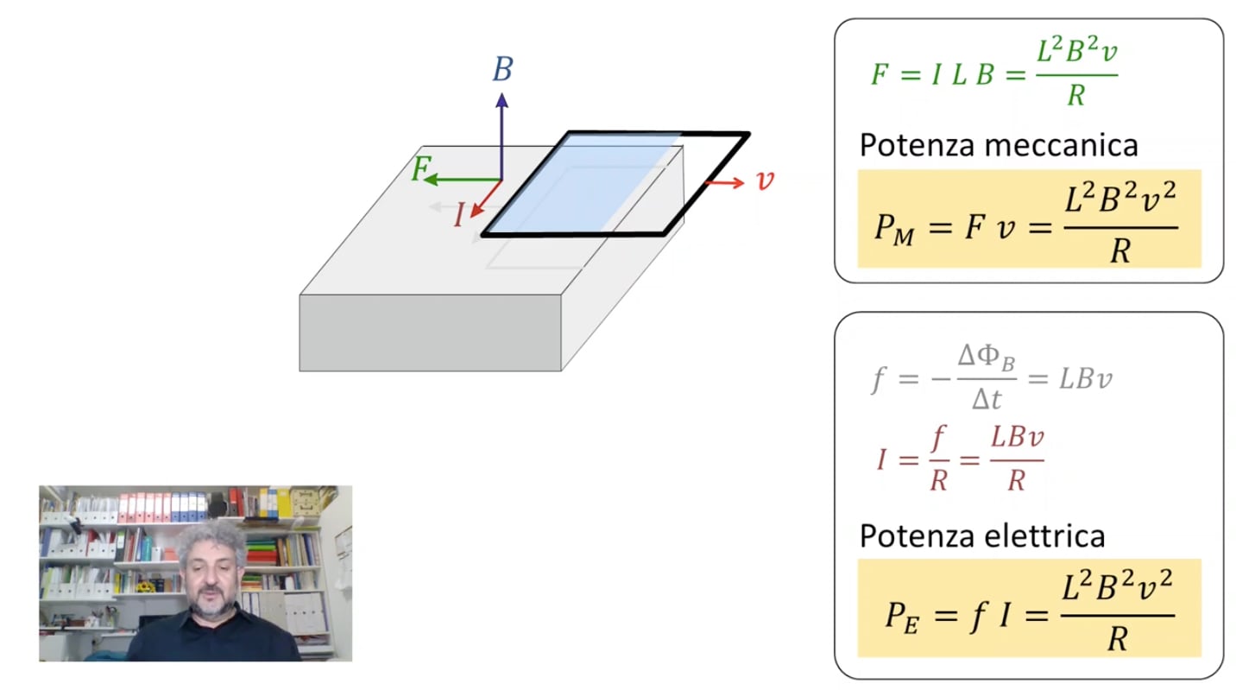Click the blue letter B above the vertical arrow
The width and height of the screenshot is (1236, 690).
tap(502, 69)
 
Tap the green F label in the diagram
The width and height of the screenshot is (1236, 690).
tap(421, 168)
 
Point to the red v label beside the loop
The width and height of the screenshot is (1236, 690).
tap(765, 180)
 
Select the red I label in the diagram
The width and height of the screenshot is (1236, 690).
tap(458, 214)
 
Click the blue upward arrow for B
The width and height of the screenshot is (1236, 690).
tap(501, 136)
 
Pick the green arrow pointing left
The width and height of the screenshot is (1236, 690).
tap(463, 180)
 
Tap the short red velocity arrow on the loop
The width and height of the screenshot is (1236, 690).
tap(725, 183)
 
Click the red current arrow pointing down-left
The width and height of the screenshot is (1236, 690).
tap(486, 199)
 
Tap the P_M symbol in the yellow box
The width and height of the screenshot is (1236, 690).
tap(894, 229)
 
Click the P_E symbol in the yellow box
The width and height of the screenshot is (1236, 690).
tap(902, 616)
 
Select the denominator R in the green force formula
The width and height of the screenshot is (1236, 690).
tap(1076, 95)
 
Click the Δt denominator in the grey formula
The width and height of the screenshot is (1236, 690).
tap(986, 399)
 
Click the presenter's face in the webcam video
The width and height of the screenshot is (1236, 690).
tap(211, 574)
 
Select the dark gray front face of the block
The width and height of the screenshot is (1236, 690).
tap(431, 332)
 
